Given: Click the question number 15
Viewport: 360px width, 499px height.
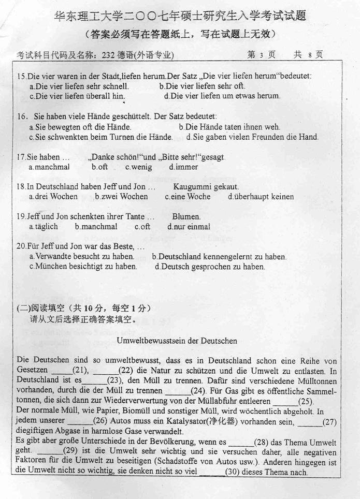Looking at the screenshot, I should [x=21, y=76].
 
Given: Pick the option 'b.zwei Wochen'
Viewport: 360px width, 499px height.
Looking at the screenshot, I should [x=121, y=197].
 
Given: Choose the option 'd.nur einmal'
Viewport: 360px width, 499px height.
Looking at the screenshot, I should [x=189, y=227].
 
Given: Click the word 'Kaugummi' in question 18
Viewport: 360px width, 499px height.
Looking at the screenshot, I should [x=190, y=186].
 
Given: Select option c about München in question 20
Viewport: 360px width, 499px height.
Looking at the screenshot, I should [x=83, y=267].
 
